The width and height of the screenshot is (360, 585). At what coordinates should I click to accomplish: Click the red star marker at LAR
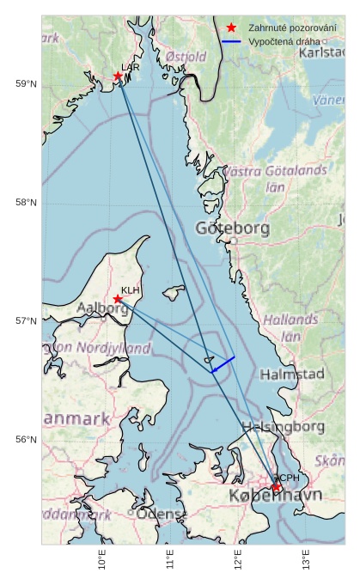click(119, 76)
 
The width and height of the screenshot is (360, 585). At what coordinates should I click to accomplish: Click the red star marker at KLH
click(118, 299)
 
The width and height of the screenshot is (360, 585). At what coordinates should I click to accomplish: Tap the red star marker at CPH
click(277, 487)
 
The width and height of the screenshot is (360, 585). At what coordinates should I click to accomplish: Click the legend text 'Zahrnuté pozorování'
click(292, 27)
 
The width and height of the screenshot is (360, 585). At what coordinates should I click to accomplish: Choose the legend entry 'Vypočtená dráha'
click(284, 41)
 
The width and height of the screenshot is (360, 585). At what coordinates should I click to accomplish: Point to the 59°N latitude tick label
click(26, 83)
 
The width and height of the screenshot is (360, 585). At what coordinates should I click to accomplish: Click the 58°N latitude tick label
click(26, 202)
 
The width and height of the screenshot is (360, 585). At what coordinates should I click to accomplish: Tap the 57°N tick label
click(26, 321)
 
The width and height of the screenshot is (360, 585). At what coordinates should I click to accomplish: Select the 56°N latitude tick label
click(26, 440)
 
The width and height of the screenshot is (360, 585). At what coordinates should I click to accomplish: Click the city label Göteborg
click(232, 229)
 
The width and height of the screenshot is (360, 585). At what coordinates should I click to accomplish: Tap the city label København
click(275, 497)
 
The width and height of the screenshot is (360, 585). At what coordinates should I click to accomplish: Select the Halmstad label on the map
click(292, 375)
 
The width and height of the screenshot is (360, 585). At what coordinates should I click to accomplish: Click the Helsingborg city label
click(282, 427)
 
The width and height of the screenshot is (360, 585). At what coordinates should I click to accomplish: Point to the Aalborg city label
click(102, 308)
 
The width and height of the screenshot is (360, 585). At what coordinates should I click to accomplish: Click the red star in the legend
click(231, 27)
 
